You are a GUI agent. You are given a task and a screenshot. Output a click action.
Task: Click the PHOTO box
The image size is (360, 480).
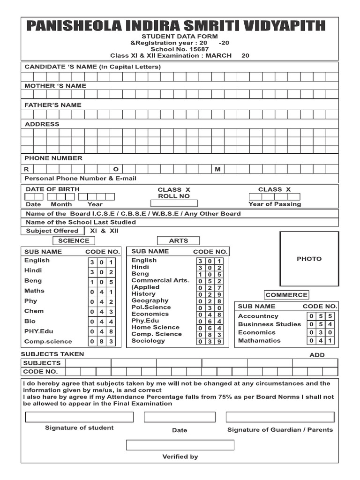(309, 258)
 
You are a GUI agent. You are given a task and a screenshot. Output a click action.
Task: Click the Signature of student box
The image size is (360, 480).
(79, 417)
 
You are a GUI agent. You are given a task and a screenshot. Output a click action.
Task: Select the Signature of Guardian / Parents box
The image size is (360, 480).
(280, 417)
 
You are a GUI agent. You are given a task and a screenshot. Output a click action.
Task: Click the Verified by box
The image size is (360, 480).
(180, 445)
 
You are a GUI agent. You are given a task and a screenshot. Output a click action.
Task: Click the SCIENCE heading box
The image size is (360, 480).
(73, 240)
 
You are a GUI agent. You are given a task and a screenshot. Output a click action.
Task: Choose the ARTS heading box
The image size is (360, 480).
(178, 240)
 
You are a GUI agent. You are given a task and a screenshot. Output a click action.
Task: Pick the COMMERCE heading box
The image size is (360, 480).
(286, 295)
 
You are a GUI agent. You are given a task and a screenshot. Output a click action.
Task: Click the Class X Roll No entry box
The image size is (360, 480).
(174, 203)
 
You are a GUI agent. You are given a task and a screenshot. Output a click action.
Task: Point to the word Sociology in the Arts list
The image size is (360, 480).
(148, 341)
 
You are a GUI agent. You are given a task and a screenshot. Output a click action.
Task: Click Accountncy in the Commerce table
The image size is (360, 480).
(258, 316)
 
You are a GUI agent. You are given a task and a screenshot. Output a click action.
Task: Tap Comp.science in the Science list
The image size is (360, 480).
(48, 342)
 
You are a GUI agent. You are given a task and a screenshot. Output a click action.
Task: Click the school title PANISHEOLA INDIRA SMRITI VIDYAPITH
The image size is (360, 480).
(180, 25)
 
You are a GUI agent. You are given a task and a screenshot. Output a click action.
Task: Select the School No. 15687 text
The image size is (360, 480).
(180, 49)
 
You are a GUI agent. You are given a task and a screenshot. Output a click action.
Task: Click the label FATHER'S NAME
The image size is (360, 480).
(52, 105)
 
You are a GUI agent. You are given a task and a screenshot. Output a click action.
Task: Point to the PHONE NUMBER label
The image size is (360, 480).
(53, 158)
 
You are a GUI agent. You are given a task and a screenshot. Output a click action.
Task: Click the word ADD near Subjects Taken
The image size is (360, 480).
(317, 355)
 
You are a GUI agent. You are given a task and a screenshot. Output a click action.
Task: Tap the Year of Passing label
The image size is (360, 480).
(275, 204)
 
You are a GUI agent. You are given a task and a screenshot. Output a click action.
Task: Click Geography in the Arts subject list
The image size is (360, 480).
(150, 300)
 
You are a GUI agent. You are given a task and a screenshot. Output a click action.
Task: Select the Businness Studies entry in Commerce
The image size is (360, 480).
(269, 324)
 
